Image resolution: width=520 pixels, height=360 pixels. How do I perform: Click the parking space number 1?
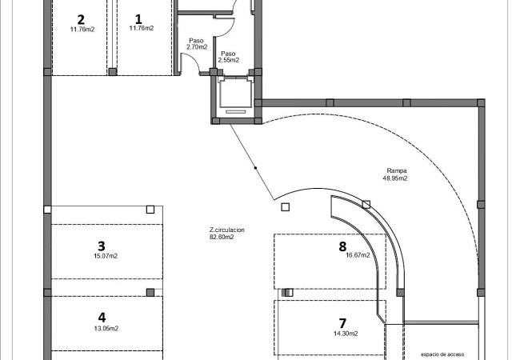(138, 19)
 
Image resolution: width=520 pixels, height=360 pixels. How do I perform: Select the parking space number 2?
(81, 20)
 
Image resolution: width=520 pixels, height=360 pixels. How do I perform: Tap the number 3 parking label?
(102, 246)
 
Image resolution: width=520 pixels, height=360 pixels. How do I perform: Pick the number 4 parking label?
(102, 318)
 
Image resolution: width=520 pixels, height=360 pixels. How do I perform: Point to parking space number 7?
(342, 323)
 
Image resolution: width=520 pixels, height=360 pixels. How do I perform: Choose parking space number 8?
(342, 246)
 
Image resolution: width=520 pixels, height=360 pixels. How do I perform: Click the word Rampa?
(397, 170)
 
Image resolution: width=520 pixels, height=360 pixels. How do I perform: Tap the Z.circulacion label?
(227, 230)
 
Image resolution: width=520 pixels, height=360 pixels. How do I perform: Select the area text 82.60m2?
(222, 237)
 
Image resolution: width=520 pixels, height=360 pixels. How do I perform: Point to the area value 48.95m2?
(395, 178)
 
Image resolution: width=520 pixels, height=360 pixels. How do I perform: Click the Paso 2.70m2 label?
(197, 44)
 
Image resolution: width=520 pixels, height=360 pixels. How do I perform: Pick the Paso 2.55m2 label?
(229, 57)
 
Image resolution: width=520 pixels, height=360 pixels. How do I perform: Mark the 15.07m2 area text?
(106, 256)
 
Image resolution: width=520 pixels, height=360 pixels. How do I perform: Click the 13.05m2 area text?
(106, 329)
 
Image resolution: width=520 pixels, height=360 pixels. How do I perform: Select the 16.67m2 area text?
(358, 255)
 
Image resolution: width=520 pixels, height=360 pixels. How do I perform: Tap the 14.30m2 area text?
(346, 334)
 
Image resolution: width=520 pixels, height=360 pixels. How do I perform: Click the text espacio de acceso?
(442, 354)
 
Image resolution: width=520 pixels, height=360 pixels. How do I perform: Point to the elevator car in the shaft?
(236, 94)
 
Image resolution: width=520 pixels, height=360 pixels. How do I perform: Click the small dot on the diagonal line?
(255, 168)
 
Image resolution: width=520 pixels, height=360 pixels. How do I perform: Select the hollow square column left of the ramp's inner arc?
(286, 207)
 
